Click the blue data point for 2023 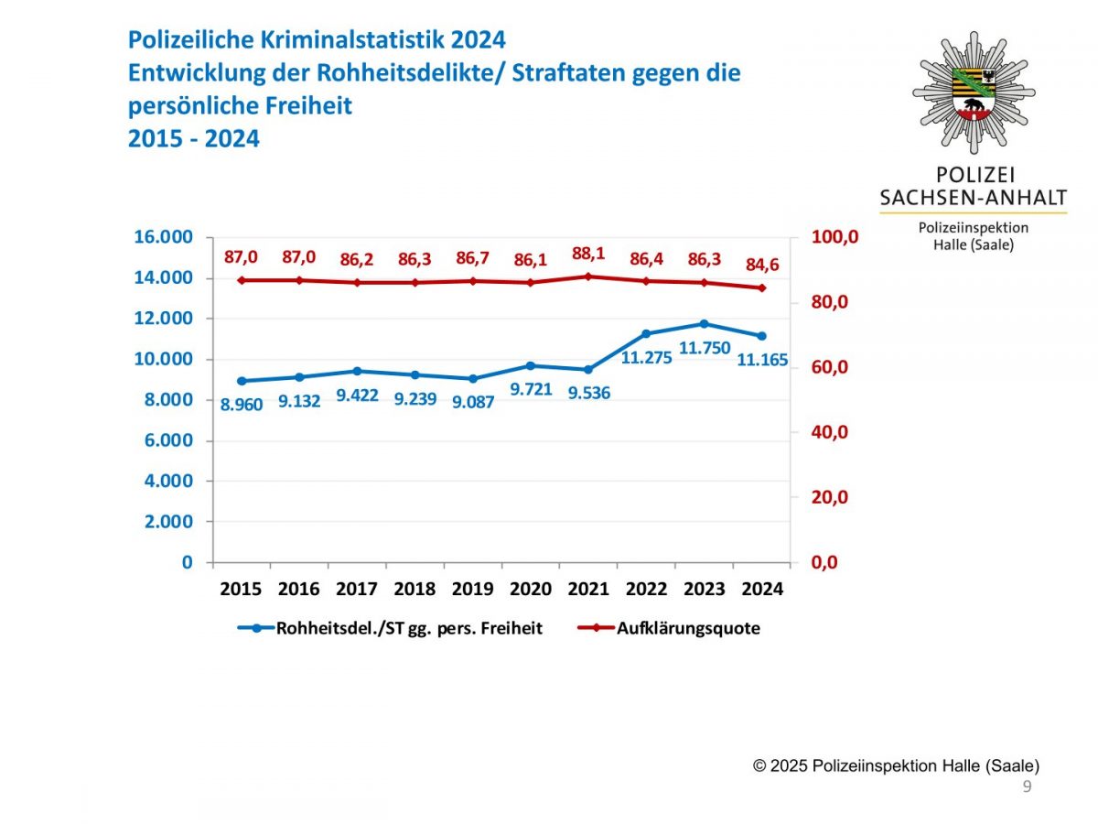coord(704,323)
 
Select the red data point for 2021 coord(588,276)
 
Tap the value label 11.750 coord(705,348)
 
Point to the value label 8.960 coord(242,404)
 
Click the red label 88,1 coord(588,254)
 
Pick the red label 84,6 coord(761,266)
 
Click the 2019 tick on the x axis coord(472,589)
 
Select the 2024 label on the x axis coord(761,589)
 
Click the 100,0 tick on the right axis coord(835,238)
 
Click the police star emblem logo coord(974,92)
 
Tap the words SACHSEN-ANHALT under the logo coord(973,198)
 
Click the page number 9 coord(1027,787)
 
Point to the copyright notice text coord(896,765)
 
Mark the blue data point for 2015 coord(242,381)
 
